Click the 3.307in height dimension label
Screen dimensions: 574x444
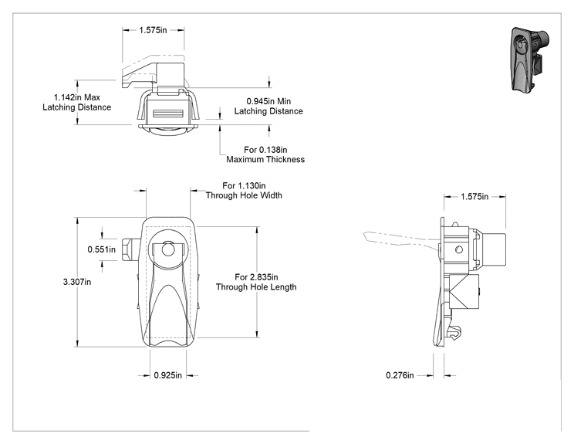(77, 282)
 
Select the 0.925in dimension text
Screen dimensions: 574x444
(167, 375)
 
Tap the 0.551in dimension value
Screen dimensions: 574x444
(101, 249)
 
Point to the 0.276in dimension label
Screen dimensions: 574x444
(400, 375)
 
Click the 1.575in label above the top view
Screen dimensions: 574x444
(153, 30)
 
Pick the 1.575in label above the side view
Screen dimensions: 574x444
(474, 197)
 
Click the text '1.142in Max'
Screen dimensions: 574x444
(77, 97)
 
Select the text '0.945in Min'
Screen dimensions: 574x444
(268, 101)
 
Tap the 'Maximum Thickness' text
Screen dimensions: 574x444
(265, 159)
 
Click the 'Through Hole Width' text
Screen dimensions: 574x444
(244, 195)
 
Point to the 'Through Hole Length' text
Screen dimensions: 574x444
(256, 286)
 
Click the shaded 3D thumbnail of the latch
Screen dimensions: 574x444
(530, 59)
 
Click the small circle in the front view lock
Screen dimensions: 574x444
(168, 250)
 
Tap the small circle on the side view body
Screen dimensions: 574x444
(459, 250)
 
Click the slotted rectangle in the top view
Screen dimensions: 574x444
(168, 114)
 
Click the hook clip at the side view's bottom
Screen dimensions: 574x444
(455, 333)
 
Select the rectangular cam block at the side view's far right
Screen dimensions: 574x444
(494, 250)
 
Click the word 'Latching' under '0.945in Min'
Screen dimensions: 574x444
(250, 111)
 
